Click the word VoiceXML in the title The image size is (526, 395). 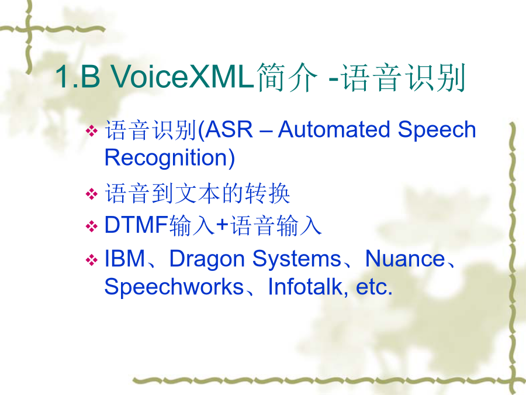click(x=182, y=76)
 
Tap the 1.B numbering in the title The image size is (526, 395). click(x=78, y=76)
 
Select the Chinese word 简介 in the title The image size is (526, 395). click(x=287, y=77)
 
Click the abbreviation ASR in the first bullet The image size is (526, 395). click(x=229, y=130)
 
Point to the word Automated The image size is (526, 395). click(x=334, y=130)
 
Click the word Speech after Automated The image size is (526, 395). click(x=437, y=130)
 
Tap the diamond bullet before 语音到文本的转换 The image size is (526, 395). click(x=92, y=194)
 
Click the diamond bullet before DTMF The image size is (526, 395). click(x=92, y=226)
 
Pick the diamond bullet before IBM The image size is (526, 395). click(x=92, y=260)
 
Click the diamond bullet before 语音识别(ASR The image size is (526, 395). click(x=92, y=130)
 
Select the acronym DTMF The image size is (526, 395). click(x=136, y=225)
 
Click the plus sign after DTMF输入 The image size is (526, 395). click(x=223, y=225)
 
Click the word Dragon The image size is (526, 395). click(x=207, y=260)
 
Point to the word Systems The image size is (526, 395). click(x=297, y=260)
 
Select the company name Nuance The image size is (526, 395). click(x=405, y=259)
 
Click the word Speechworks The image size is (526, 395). click(x=174, y=287)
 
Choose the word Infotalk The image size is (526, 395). click(x=306, y=287)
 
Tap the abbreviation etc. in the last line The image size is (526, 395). click(x=374, y=287)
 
